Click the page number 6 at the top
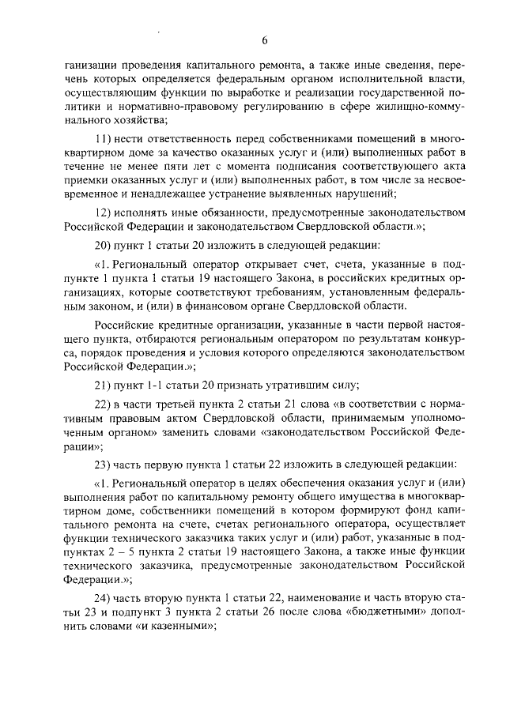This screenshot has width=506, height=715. point(264,41)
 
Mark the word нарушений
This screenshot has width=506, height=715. point(359,194)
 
